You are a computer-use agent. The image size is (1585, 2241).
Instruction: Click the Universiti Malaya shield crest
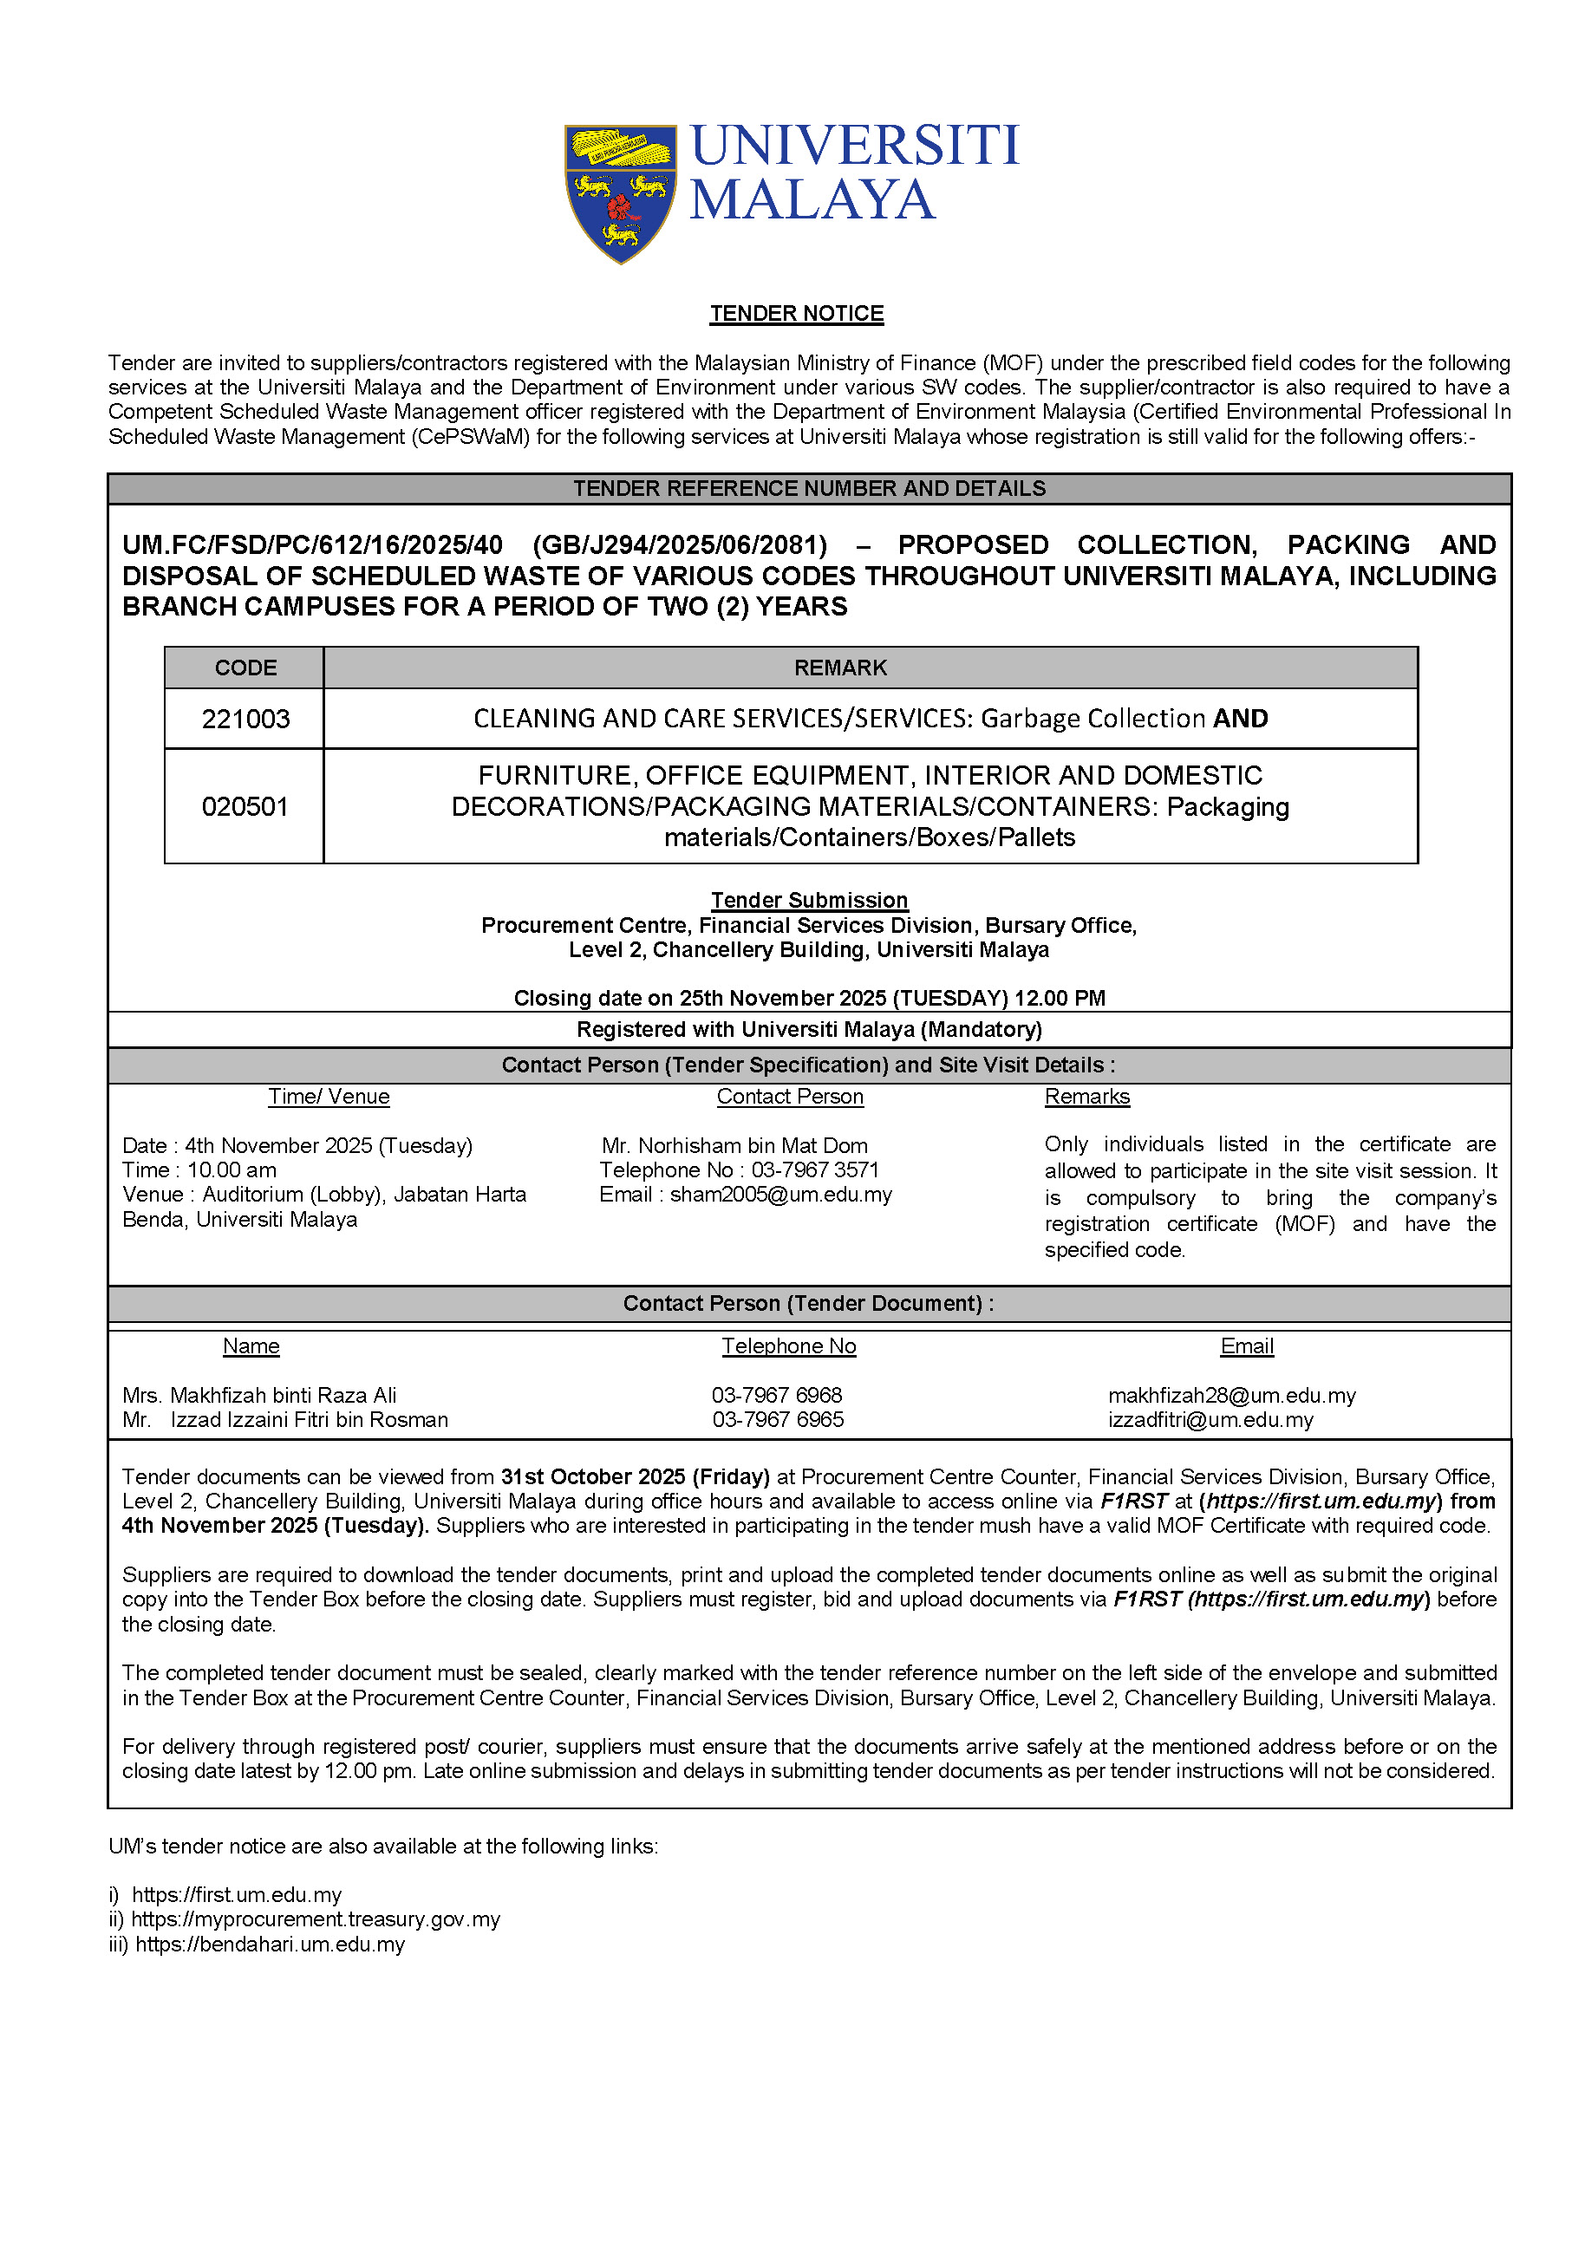[x=620, y=193]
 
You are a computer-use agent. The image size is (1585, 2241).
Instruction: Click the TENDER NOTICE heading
[x=797, y=313]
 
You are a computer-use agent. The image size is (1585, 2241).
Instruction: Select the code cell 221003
[x=245, y=720]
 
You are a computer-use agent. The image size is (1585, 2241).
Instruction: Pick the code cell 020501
[x=245, y=806]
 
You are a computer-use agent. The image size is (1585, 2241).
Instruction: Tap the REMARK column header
[x=840, y=668]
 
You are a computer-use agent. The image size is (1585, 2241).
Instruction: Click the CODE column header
[x=245, y=668]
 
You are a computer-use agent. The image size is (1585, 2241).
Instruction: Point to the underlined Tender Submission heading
[x=809, y=900]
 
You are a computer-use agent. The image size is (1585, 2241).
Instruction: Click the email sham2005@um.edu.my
[x=780, y=1195]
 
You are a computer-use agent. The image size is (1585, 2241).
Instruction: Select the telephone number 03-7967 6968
[x=777, y=1395]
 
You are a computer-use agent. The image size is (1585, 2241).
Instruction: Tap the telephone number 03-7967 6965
[x=778, y=1419]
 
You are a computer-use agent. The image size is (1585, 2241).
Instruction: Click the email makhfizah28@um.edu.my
[x=1232, y=1395]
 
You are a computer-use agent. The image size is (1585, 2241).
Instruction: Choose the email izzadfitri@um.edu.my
[x=1210, y=1419]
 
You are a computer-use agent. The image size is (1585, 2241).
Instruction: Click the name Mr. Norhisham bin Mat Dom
[x=734, y=1145]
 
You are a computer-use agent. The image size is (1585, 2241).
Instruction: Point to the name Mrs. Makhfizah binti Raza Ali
[x=259, y=1395]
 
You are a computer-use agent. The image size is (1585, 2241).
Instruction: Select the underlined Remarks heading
[x=1086, y=1096]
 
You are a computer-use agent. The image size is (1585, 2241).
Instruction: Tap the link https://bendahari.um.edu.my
[x=270, y=1945]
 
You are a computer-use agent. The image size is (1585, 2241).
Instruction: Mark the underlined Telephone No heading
[x=788, y=1346]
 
